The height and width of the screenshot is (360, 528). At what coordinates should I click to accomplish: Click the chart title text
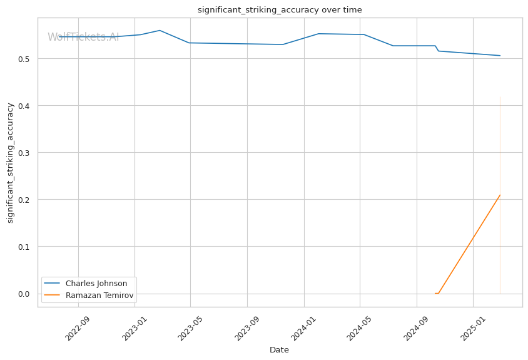pyautogui.click(x=280, y=10)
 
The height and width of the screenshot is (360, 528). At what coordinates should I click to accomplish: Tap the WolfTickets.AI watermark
pyautogui.click(x=83, y=37)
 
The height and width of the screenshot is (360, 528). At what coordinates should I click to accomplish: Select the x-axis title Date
pyautogui.click(x=279, y=350)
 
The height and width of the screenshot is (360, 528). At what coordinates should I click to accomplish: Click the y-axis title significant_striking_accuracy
pyautogui.click(x=10, y=163)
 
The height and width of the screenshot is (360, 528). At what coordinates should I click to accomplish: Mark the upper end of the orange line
pyautogui.click(x=500, y=195)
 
